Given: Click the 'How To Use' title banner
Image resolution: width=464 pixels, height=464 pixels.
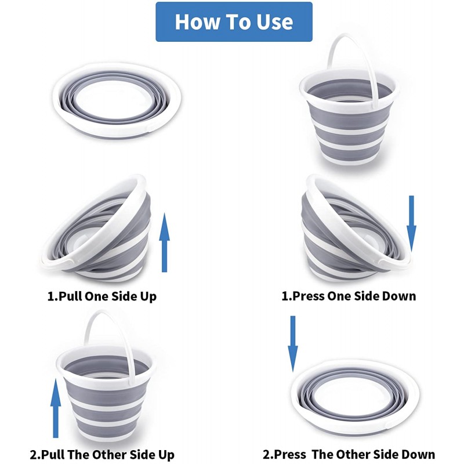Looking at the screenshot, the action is (234, 21).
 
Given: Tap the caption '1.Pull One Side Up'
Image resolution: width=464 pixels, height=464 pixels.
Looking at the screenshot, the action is (102, 296).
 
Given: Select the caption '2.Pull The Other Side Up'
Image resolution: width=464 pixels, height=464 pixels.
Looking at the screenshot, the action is (103, 454).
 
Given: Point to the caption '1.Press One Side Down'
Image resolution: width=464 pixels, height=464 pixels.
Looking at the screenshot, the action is (349, 296).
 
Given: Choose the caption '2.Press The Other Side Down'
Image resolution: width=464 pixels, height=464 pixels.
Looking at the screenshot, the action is (349, 454).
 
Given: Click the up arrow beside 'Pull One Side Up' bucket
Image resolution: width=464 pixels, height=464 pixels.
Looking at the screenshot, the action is (165, 242).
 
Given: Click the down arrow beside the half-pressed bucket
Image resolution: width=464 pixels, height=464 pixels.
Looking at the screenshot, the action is (411, 224).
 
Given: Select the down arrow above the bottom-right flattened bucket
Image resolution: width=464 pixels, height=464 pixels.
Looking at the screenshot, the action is (293, 343).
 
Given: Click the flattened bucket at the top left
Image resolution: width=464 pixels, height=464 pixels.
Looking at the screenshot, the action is (117, 100).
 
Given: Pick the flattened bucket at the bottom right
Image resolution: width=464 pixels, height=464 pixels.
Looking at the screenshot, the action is (355, 397).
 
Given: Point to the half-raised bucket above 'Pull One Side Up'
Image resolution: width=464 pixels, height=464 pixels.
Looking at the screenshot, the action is (97, 228).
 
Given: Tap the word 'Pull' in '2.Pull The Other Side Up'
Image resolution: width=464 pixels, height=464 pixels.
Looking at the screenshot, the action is (52, 454).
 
